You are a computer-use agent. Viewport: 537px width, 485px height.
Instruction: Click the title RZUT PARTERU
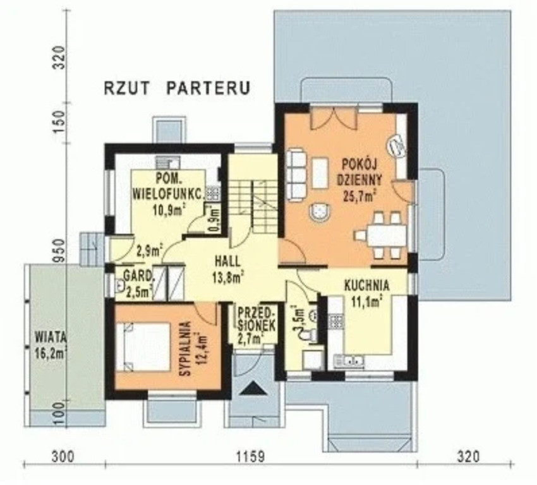(177, 88)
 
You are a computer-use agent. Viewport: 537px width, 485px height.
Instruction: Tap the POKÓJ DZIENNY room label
(359, 172)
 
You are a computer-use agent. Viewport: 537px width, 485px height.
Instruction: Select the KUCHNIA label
(367, 285)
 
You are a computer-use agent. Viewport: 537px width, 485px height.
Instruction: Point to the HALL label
(227, 261)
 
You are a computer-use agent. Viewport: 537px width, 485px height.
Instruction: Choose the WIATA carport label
(51, 337)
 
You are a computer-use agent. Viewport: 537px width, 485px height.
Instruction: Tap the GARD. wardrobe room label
(138, 276)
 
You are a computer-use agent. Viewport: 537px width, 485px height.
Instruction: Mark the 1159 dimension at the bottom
(251, 457)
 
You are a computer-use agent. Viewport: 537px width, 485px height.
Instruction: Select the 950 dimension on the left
(59, 250)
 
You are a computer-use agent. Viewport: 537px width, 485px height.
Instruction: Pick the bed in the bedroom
(143, 347)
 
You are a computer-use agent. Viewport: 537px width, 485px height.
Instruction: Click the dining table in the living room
(386, 235)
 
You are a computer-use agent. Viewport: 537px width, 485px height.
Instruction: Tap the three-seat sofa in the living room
(296, 174)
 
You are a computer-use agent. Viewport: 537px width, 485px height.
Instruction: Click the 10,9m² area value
(169, 210)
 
